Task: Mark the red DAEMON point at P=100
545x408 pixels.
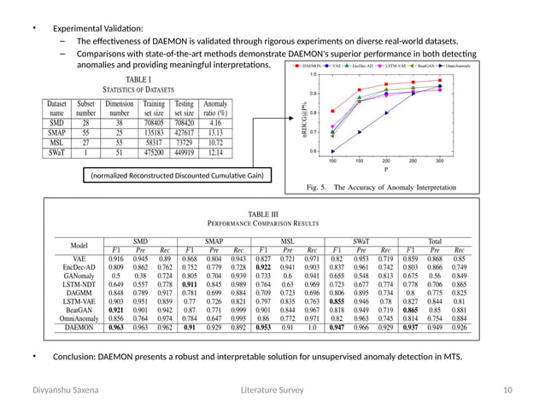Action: point(331,113)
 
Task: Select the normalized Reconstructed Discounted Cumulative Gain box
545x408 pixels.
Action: point(172,176)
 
